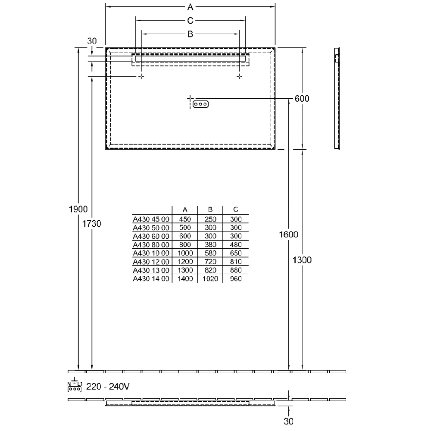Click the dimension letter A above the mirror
(x=190, y=7)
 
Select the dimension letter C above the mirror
(x=190, y=21)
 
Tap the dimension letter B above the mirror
(x=190, y=34)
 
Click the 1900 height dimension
(x=78, y=209)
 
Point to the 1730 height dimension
(x=92, y=224)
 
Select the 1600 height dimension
(x=289, y=234)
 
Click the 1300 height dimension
(x=302, y=260)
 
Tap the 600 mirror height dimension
(x=302, y=98)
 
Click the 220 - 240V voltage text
(x=108, y=387)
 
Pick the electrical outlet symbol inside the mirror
(x=201, y=104)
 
